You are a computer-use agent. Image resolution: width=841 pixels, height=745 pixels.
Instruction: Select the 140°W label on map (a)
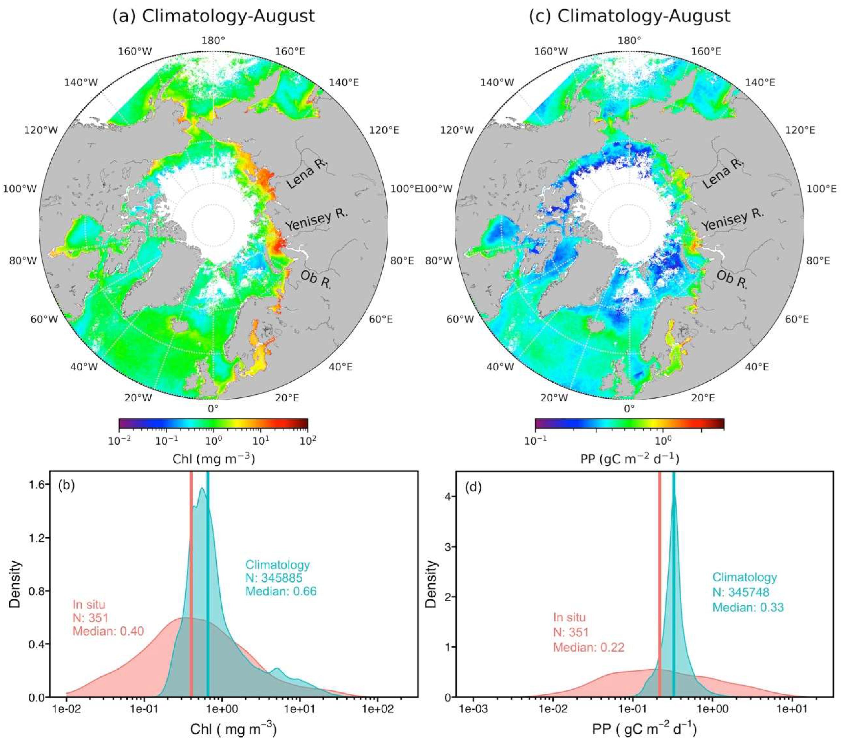click(81, 82)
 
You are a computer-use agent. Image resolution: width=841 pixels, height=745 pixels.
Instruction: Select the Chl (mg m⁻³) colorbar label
click(213, 459)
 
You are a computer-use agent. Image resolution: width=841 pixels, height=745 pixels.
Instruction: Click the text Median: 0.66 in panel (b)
click(281, 591)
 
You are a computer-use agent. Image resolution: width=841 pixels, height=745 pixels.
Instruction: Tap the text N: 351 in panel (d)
click(571, 632)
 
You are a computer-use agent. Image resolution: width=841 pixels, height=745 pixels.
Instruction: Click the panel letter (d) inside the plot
click(473, 489)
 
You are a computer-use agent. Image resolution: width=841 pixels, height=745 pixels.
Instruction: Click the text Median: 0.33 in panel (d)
click(748, 607)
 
